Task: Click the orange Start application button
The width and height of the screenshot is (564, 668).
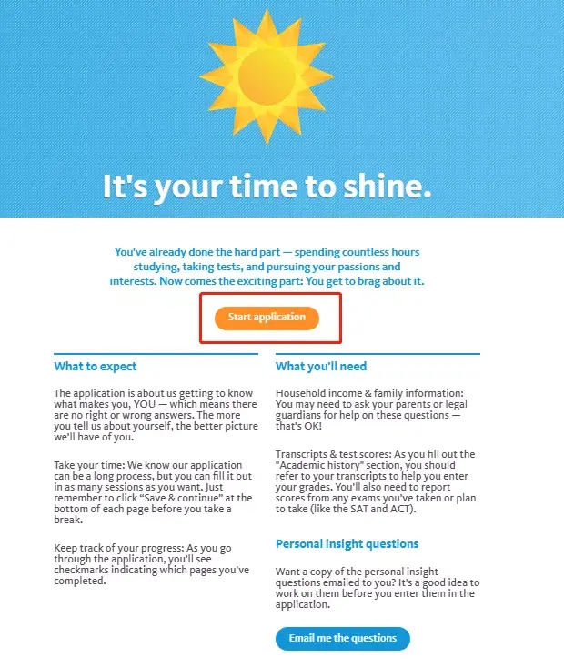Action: (267, 318)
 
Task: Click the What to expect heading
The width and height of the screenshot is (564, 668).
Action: (96, 367)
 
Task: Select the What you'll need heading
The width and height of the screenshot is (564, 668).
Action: (321, 367)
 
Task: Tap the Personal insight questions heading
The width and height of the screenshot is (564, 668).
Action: (347, 543)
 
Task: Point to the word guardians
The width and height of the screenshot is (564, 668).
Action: (301, 416)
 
